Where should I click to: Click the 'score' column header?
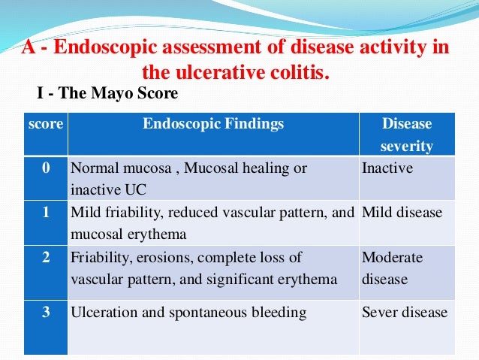[45, 124]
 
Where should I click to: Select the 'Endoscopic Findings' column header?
[213, 124]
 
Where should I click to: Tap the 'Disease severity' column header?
[407, 135]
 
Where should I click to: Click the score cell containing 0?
[45, 168]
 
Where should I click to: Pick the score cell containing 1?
[45, 213]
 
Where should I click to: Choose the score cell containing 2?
[45, 258]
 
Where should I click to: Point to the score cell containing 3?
[45, 312]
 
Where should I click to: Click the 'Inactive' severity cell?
[387, 168]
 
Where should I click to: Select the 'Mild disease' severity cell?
[402, 213]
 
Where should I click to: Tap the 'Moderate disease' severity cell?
[392, 268]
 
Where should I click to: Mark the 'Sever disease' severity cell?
[404, 312]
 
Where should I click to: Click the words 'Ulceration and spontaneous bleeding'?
[188, 312]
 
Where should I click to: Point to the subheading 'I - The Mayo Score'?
[107, 94]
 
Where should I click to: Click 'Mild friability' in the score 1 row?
[110, 213]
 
